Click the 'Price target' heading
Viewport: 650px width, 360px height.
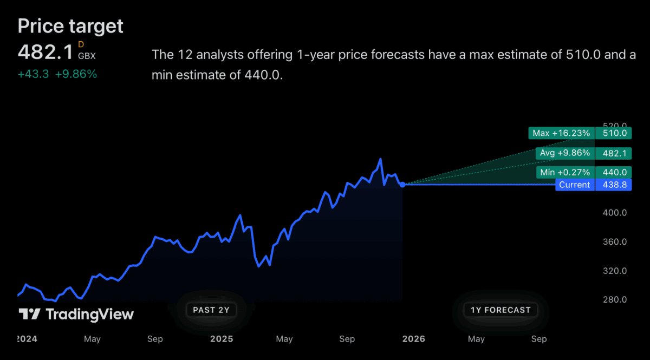(x=70, y=25)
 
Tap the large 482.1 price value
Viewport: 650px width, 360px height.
(x=45, y=52)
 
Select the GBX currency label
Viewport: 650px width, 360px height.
(x=87, y=56)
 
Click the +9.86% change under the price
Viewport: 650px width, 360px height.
(x=76, y=75)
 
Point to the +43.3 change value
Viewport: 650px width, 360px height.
(x=33, y=75)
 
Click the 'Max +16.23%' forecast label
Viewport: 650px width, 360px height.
(x=561, y=133)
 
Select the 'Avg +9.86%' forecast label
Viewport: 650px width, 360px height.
(x=564, y=153)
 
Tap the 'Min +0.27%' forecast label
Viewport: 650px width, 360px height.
(x=564, y=173)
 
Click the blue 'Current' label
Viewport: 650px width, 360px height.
(x=574, y=185)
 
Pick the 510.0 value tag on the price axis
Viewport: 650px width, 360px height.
(x=614, y=133)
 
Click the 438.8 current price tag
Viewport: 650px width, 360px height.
(x=614, y=185)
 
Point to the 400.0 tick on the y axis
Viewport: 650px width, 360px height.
(x=614, y=213)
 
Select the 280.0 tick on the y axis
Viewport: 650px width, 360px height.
(x=614, y=299)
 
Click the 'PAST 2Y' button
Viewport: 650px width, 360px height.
(x=211, y=310)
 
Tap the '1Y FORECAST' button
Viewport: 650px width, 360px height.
(x=500, y=310)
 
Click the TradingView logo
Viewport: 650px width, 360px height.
(x=76, y=314)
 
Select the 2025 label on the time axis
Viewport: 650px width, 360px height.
(x=221, y=339)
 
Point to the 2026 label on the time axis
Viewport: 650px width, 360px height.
(x=413, y=339)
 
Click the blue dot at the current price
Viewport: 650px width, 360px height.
(x=402, y=185)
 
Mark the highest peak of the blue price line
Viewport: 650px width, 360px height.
(x=381, y=159)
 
